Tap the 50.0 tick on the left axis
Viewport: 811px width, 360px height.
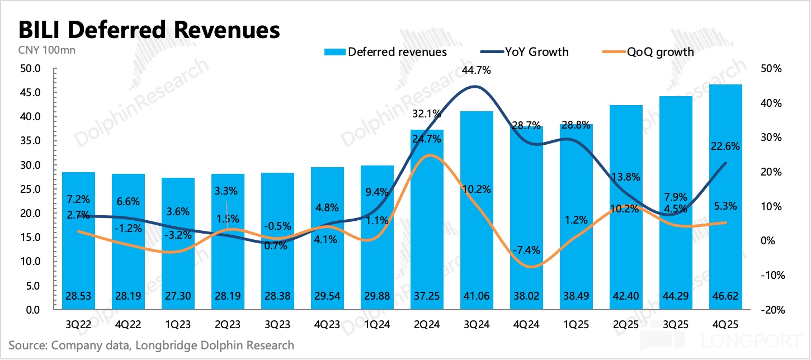coord(30,69)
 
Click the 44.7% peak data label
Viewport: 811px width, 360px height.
coord(477,70)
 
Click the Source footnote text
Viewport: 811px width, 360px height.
coord(151,345)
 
